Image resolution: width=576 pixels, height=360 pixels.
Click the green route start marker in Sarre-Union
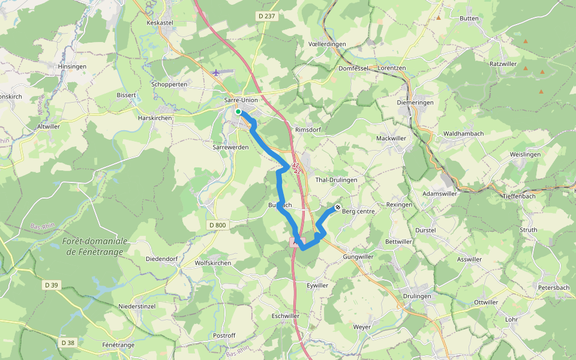[238, 112]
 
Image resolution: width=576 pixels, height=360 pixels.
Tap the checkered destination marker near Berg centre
[338, 208]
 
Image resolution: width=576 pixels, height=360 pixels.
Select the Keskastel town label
[160, 23]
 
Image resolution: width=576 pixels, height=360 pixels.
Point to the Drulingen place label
[417, 296]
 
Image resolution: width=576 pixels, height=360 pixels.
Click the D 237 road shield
[265, 16]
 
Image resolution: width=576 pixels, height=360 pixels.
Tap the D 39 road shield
[51, 285]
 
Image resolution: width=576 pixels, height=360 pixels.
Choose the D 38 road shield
[68, 343]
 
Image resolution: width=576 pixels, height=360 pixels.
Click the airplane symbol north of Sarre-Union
[216, 73]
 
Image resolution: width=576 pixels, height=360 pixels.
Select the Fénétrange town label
[118, 345]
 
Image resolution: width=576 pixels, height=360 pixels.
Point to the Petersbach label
[553, 288]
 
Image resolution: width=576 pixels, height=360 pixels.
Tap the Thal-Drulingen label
[336, 179]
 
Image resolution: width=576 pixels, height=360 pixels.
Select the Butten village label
[469, 19]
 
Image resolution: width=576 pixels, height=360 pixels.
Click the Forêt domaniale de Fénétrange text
[95, 246]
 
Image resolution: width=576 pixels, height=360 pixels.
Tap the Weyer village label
[362, 327]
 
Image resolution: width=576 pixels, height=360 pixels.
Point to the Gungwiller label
[358, 257]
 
